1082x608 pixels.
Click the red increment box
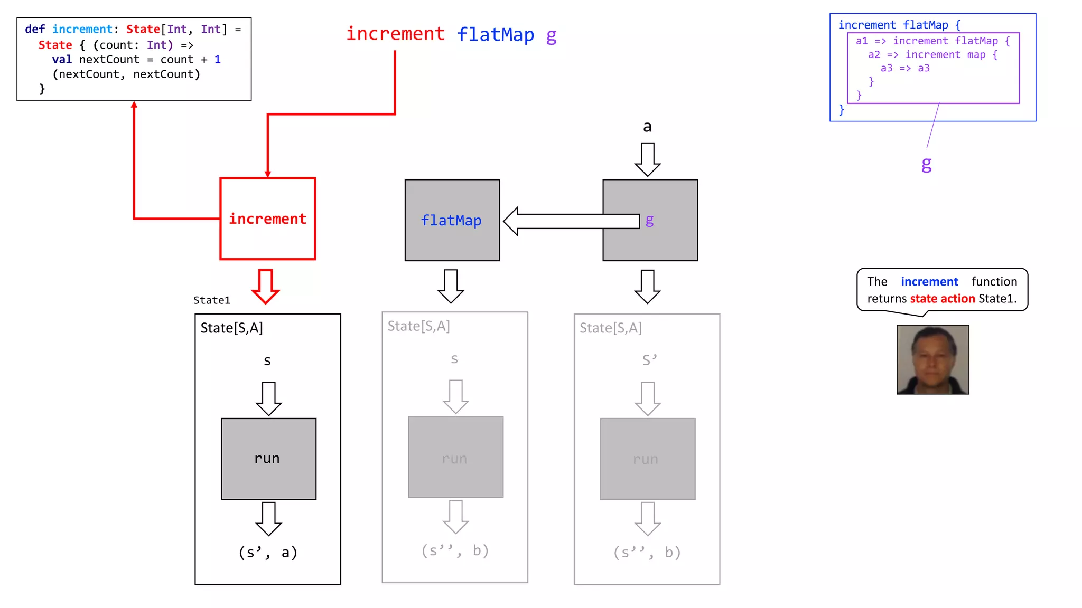[x=267, y=218]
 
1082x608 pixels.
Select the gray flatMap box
[x=452, y=220]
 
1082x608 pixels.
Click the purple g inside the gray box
[x=649, y=220]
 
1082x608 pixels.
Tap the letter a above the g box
[x=647, y=127]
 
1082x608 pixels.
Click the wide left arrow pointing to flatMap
[x=571, y=221]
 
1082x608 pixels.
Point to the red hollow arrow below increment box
[x=265, y=287]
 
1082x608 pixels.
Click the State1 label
[x=211, y=300]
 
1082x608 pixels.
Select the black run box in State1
[x=268, y=459]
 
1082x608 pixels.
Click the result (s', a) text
[x=268, y=553]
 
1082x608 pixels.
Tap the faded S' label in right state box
[x=649, y=360]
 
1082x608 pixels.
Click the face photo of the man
[x=932, y=359]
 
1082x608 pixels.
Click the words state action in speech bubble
[x=942, y=299]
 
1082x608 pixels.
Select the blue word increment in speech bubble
[x=929, y=282]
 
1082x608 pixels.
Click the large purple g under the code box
[x=926, y=165]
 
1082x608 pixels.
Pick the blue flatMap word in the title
[x=495, y=35]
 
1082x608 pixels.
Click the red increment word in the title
[x=395, y=34]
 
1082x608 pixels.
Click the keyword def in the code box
[x=35, y=29]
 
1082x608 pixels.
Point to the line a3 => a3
[x=904, y=68]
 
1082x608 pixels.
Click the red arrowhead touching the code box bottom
[x=134, y=105]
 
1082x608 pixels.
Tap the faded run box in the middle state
[x=455, y=457]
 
